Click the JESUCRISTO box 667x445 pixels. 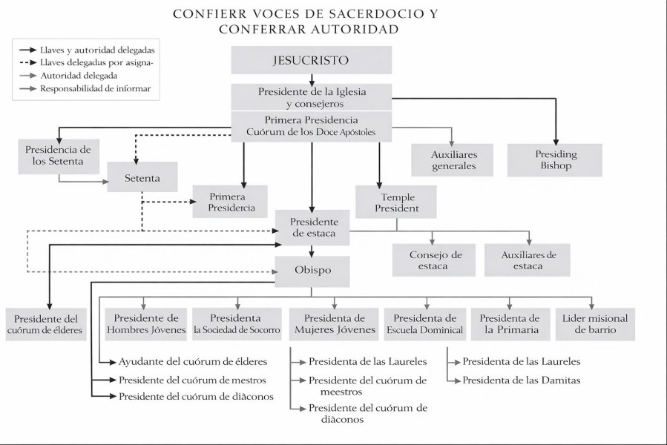310,60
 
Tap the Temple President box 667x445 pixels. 395,202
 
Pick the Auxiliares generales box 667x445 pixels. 453,159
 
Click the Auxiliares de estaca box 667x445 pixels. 529,260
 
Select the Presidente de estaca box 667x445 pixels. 312,228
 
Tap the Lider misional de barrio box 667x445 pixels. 595,323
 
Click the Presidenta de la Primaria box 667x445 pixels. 510,323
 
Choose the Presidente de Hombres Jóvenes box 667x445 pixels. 145,323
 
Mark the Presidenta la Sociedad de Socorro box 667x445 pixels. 236,323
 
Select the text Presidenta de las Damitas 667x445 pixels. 522,380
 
